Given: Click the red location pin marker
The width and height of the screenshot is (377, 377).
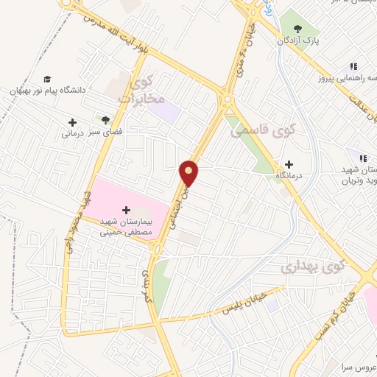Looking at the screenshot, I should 190,172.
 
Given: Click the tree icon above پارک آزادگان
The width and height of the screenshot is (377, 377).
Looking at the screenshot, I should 297,28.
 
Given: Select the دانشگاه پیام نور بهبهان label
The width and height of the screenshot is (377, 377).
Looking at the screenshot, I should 47,90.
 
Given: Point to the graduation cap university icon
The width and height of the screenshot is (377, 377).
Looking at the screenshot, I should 47,78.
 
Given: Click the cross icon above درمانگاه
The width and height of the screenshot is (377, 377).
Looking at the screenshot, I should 289,164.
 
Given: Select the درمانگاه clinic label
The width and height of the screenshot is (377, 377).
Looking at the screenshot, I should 289,177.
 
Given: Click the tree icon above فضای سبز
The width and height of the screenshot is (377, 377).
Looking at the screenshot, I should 106,119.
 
